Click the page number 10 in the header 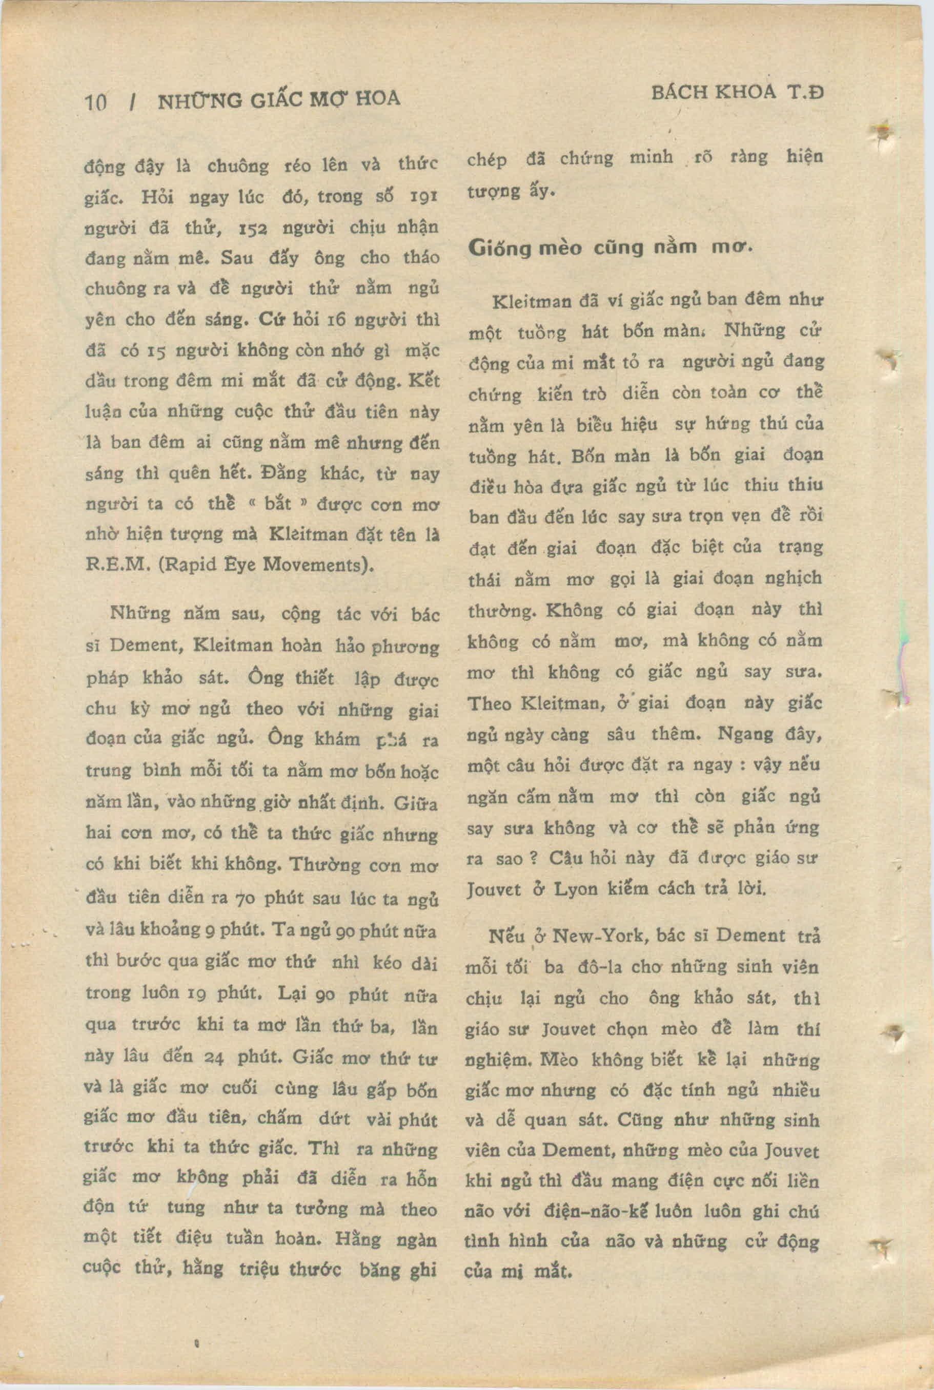point(95,102)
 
